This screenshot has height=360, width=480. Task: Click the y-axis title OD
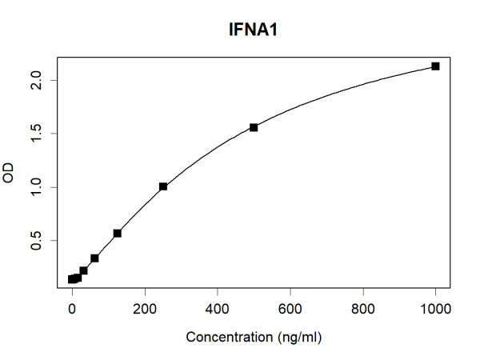click(x=10, y=172)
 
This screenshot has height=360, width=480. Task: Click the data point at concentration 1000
click(x=436, y=66)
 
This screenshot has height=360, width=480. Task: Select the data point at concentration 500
click(x=254, y=127)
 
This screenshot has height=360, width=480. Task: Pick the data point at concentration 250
click(x=163, y=186)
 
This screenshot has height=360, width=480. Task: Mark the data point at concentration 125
click(x=118, y=233)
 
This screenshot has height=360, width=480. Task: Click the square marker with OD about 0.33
click(x=94, y=258)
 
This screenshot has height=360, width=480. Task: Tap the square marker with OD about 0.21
click(x=83, y=270)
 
